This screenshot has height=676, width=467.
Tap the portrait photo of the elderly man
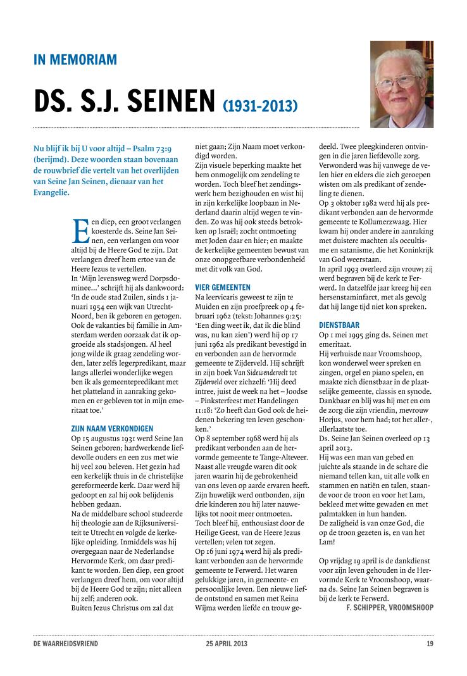tap(402, 84)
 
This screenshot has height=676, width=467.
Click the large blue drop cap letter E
tap(81, 230)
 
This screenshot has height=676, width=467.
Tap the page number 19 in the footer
tap(430, 644)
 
